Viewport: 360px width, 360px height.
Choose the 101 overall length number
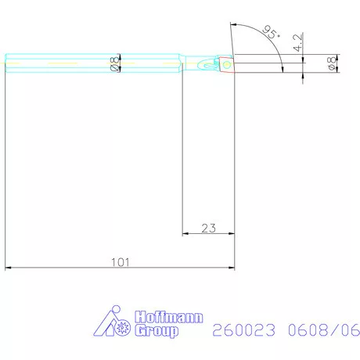click(121, 262)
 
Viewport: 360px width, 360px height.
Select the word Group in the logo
click(157, 331)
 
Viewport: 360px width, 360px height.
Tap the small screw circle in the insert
click(226, 65)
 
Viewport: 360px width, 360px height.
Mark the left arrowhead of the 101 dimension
click(9, 268)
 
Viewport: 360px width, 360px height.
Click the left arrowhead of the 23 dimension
click(185, 233)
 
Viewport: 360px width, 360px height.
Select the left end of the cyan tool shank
click(7, 64)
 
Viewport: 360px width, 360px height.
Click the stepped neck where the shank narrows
click(185, 64)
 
